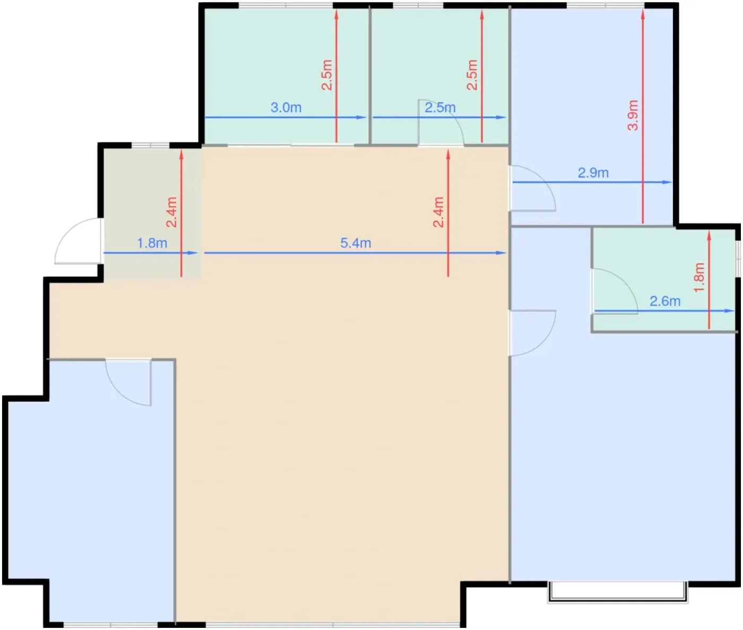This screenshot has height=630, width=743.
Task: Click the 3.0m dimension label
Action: point(286,107)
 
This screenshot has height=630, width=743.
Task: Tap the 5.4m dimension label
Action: point(356,243)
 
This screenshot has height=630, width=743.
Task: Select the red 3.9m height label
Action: point(633,115)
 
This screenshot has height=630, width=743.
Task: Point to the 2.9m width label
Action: point(593,173)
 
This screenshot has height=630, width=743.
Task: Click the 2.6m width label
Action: point(665,301)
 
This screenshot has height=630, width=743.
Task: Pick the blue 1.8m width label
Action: point(152,243)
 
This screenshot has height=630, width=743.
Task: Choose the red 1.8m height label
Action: point(699,277)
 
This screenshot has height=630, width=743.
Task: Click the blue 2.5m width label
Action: point(440,107)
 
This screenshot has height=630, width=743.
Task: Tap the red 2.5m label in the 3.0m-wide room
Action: point(326,75)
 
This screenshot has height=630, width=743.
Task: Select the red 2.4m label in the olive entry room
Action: point(171,212)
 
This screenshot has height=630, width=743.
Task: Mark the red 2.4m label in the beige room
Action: point(438,212)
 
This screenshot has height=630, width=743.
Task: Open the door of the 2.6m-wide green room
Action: point(615,292)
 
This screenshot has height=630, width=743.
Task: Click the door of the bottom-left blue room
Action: point(128,382)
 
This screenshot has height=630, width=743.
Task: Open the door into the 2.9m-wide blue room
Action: point(532,188)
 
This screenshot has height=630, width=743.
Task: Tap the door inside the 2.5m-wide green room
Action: point(440,122)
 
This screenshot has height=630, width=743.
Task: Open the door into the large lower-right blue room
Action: point(532,333)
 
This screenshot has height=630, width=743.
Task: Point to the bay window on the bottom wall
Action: point(618,592)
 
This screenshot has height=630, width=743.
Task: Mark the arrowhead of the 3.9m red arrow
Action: point(643,14)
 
